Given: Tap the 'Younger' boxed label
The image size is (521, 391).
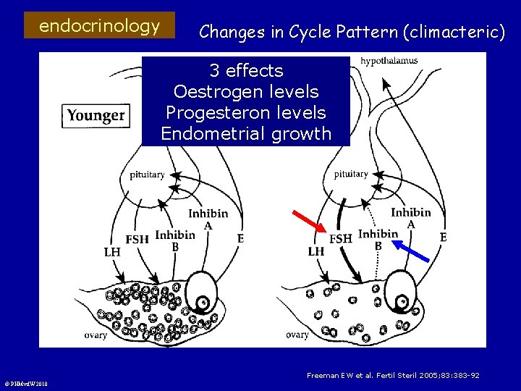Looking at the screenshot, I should point(96,115).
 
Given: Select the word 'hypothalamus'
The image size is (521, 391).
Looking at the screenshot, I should point(389,61).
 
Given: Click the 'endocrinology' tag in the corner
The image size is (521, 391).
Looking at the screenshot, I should point(99,27).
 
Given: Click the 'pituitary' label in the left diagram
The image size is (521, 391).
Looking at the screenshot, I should point(147,175).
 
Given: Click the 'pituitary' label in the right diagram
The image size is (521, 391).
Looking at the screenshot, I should point(351,174).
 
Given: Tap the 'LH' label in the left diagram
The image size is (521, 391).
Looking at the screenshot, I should point(112,252).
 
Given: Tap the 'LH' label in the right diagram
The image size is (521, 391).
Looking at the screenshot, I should point(316,252).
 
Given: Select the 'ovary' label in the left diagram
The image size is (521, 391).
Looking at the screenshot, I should point(96,335).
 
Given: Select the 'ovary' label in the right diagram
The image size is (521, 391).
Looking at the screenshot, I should point(297,335).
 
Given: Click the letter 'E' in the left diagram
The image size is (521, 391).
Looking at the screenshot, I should point(240,237).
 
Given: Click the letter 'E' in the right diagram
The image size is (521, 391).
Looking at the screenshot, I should point(443,237).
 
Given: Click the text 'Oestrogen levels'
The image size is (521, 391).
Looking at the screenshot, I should point(246,92).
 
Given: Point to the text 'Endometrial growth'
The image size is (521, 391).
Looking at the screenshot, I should point(246,134).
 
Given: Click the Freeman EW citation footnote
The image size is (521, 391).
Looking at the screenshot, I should point(393,375).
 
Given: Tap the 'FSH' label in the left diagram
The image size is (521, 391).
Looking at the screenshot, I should point(137,239).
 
